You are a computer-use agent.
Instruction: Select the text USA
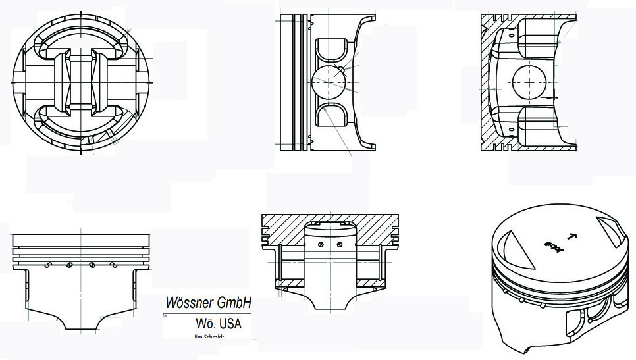click(229, 324)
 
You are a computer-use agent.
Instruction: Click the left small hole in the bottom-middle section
click(320, 245)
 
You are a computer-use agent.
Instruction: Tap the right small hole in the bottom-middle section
click(339, 245)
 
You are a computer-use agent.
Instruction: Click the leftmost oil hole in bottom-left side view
click(48, 265)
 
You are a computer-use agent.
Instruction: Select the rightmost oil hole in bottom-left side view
click(113, 265)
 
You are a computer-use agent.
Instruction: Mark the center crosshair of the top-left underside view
click(82, 82)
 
